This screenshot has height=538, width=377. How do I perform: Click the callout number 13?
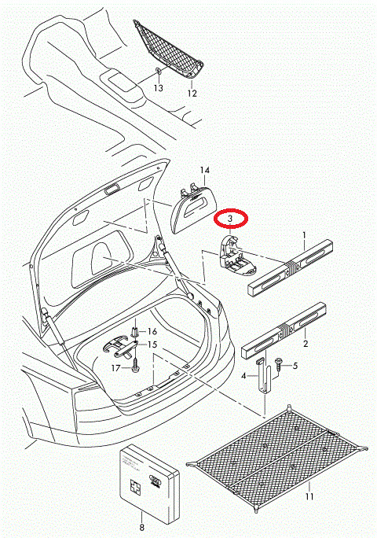click(158, 89)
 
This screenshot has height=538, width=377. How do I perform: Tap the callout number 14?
click(205, 171)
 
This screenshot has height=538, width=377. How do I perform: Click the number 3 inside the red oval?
click(230, 218)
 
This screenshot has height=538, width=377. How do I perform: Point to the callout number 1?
click(305, 235)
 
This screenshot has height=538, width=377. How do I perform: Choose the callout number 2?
click(305, 344)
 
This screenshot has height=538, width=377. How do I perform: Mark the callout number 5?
click(295, 366)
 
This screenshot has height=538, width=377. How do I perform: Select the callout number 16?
click(152, 332)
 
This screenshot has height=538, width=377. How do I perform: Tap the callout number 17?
click(115, 367)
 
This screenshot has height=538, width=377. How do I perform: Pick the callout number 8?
click(141, 529)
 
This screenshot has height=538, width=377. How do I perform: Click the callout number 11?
click(309, 497)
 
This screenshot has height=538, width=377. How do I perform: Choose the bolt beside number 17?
click(135, 366)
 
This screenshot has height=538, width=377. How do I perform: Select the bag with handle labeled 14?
click(192, 210)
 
